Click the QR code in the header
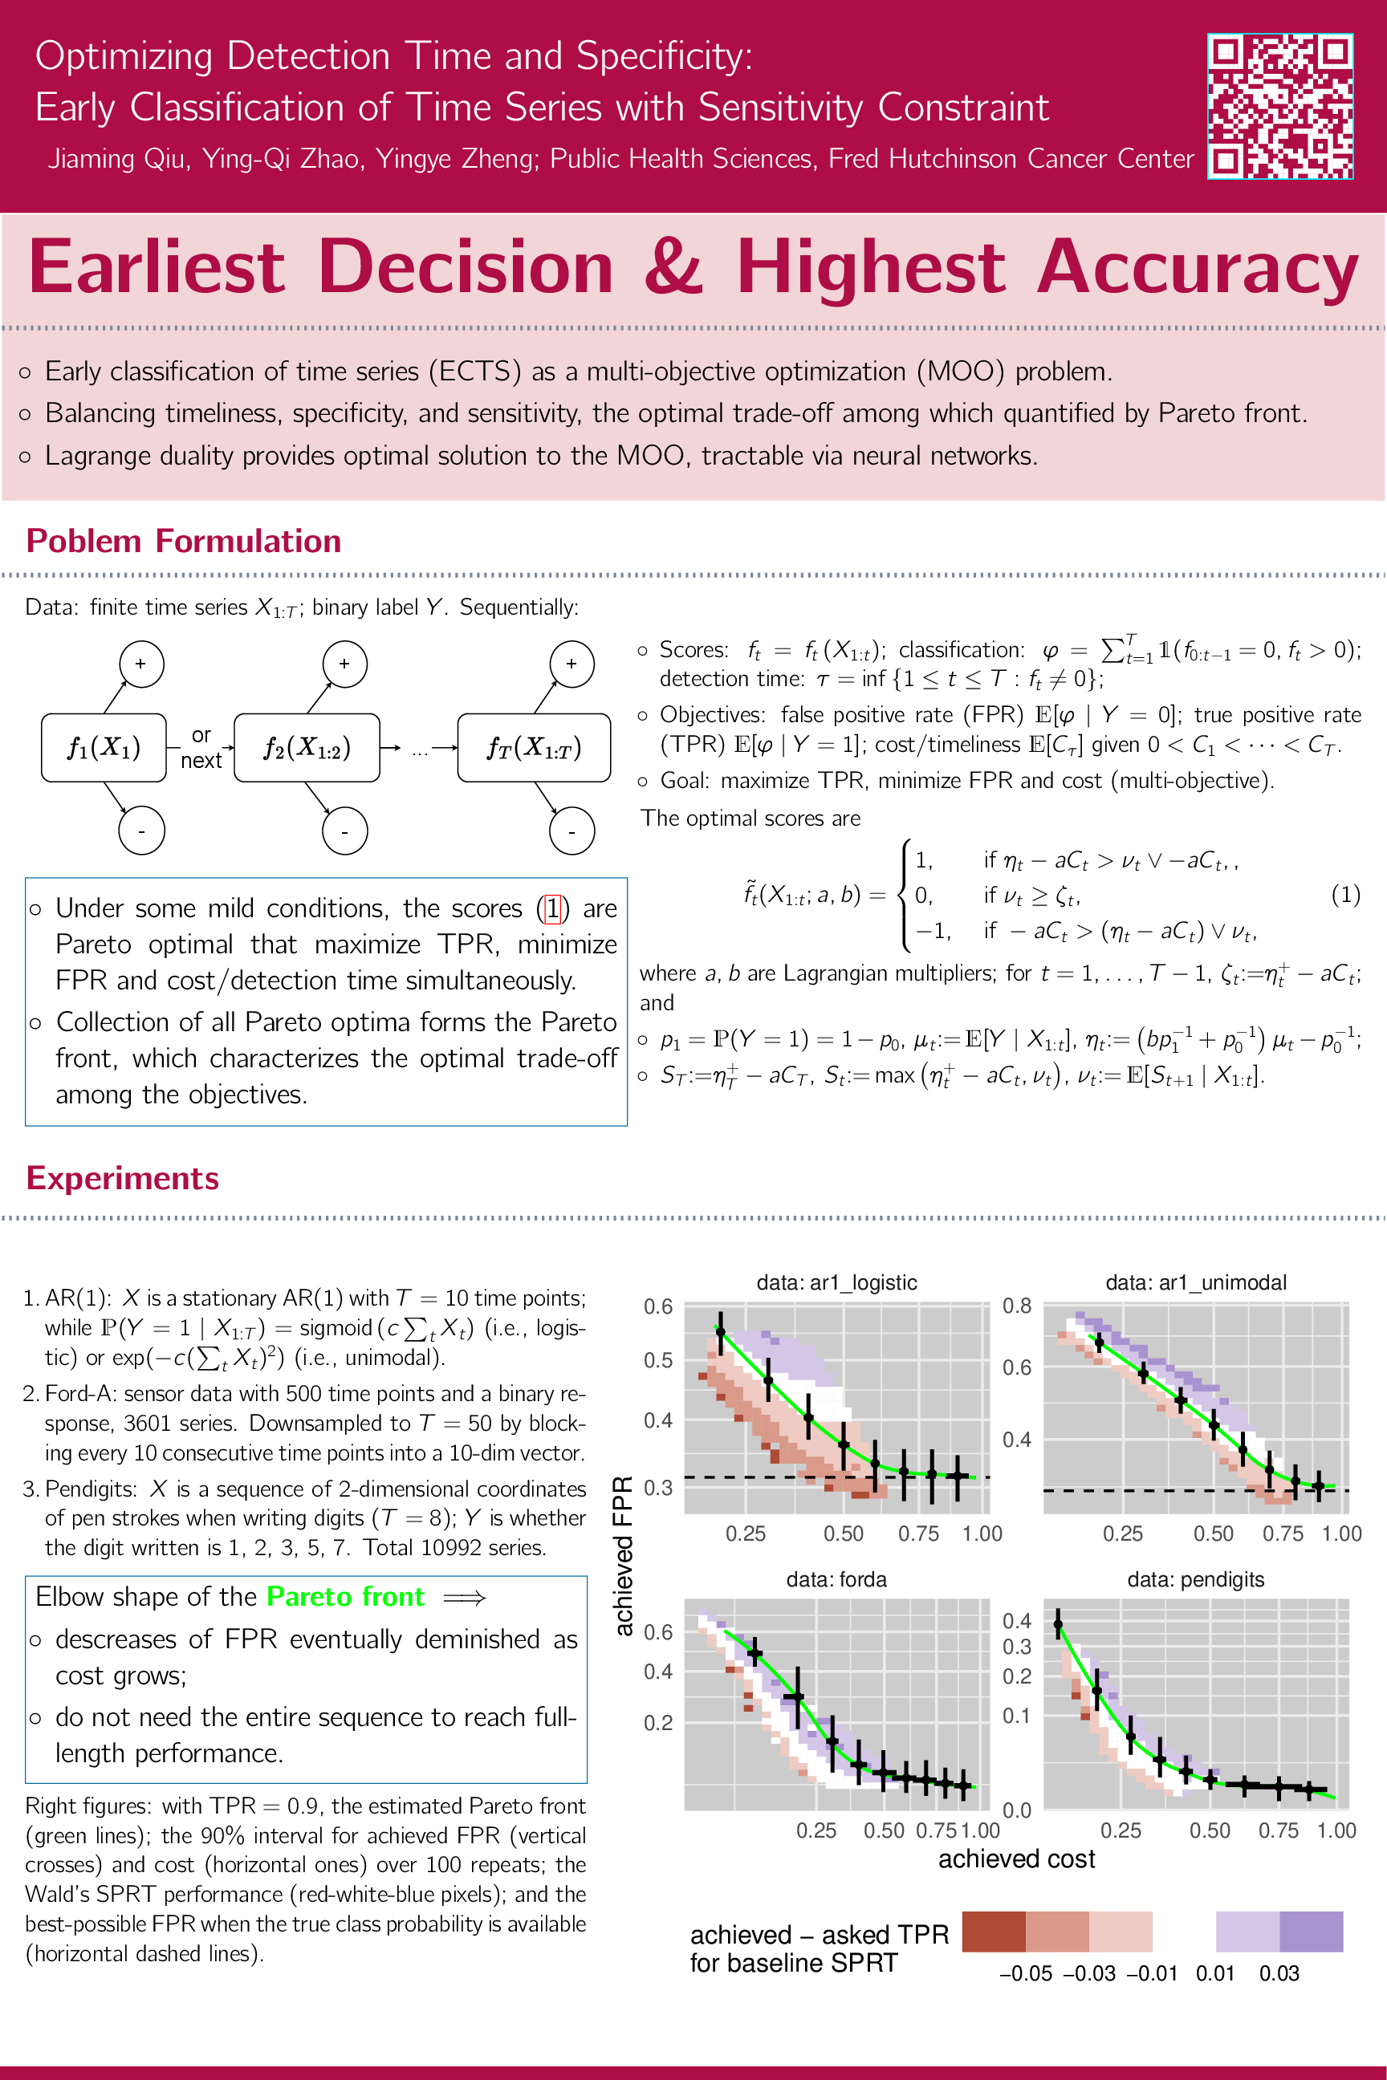[1280, 106]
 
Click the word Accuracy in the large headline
[1197, 267]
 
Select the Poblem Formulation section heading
[183, 540]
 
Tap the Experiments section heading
[122, 1178]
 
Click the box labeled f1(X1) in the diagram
[104, 748]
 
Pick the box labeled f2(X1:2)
[307, 748]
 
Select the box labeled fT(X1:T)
[534, 748]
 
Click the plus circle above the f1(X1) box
[140, 664]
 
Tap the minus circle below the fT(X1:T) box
[571, 831]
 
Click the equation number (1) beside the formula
[1345, 895]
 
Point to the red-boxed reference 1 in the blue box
[553, 908]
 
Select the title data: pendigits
[1195, 1579]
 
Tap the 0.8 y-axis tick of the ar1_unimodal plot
[1016, 1306]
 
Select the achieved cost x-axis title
[1016, 1859]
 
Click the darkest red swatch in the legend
[994, 1932]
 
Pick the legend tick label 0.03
[1279, 1973]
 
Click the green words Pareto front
[345, 1596]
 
